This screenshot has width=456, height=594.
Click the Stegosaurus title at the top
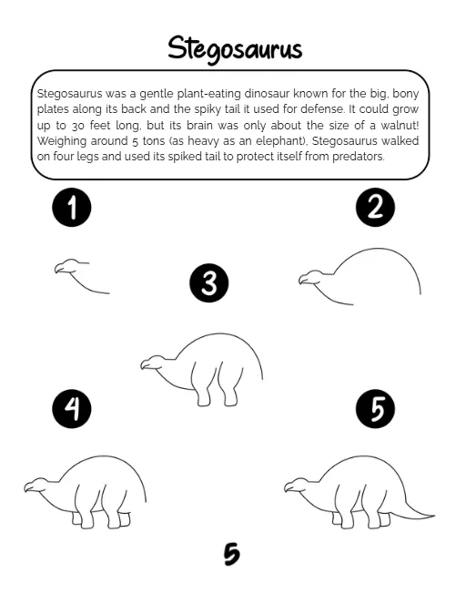pyautogui.click(x=235, y=49)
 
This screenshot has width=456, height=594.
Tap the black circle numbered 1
pyautogui.click(x=72, y=207)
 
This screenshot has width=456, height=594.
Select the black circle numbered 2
pyautogui.click(x=375, y=207)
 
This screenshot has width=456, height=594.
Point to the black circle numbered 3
pyautogui.click(x=209, y=282)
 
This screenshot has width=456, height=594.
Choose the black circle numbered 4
pyautogui.click(x=72, y=409)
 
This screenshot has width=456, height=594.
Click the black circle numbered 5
pyautogui.click(x=375, y=409)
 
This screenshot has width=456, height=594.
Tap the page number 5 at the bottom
pyautogui.click(x=231, y=554)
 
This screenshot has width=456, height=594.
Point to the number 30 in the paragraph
pyautogui.click(x=78, y=126)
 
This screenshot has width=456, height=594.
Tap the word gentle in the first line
pyautogui.click(x=157, y=94)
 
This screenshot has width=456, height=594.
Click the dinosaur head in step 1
pyautogui.click(x=67, y=266)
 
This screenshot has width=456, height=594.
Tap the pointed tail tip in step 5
pyautogui.click(x=433, y=516)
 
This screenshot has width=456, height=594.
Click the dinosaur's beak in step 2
pyautogui.click(x=302, y=281)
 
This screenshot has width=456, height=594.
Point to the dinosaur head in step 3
pyautogui.click(x=153, y=363)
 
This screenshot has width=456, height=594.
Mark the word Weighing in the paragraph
pyautogui.click(x=62, y=141)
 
